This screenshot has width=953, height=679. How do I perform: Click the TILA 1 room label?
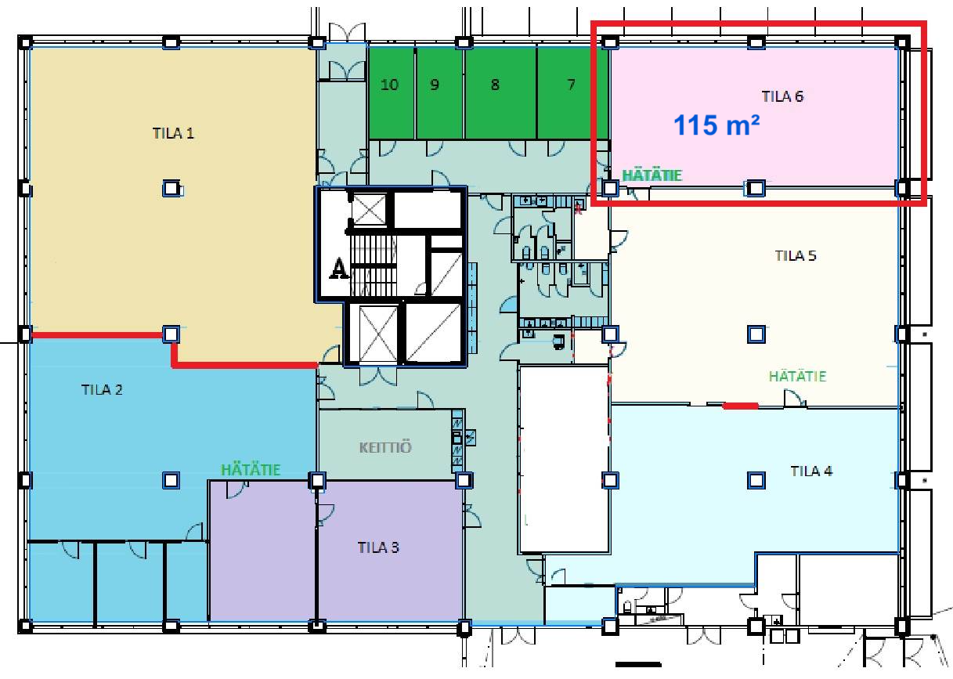(x=173, y=133)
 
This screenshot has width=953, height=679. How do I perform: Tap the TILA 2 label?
(x=102, y=390)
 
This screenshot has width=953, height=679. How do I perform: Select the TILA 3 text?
(x=378, y=547)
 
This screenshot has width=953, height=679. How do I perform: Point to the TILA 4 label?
(x=811, y=471)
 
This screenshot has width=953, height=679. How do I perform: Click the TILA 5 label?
(x=796, y=255)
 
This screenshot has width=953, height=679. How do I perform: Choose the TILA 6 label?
(x=782, y=96)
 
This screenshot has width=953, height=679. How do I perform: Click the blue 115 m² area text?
(x=717, y=125)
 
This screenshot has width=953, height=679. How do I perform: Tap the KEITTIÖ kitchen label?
(x=385, y=447)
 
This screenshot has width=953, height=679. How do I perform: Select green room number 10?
(x=389, y=85)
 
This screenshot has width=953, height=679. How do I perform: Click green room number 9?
(x=435, y=85)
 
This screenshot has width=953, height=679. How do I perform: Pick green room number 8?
(x=495, y=85)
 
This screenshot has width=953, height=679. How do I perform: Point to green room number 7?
(x=571, y=85)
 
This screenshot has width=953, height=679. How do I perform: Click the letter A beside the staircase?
(x=338, y=269)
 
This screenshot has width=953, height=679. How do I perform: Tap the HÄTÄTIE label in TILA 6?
(x=652, y=175)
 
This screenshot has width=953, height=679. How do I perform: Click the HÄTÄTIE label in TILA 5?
(x=797, y=376)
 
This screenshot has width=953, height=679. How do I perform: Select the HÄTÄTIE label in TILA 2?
(x=251, y=470)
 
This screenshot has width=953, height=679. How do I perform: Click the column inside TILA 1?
(x=171, y=188)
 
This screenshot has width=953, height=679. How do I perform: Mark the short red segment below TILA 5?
(x=740, y=406)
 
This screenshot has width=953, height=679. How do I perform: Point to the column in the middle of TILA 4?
(x=756, y=480)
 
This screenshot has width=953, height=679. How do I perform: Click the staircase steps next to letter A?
(x=373, y=266)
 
